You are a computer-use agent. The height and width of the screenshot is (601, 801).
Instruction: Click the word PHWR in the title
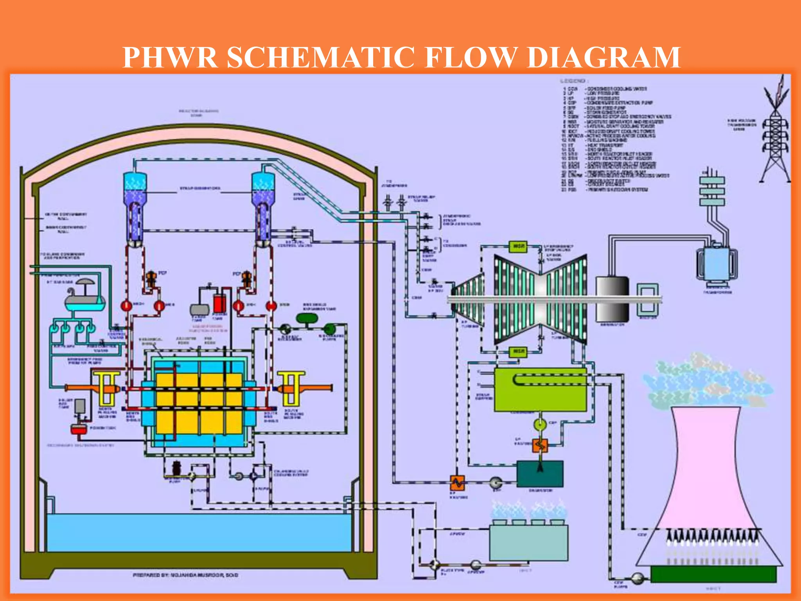tap(170, 58)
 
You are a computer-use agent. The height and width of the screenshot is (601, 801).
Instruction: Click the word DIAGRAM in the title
tap(604, 58)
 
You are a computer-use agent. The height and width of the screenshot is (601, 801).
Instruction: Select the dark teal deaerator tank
tap(540, 474)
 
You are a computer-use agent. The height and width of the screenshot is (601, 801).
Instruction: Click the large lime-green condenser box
tap(540, 390)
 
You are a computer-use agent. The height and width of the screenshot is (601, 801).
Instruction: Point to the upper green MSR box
tap(519, 247)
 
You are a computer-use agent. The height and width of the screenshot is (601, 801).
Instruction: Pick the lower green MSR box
tap(519, 351)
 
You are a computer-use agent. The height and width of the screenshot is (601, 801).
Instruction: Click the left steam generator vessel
tap(135, 207)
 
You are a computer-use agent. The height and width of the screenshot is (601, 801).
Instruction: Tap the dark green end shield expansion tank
tap(307, 318)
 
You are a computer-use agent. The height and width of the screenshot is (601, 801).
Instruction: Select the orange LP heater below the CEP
tap(540, 445)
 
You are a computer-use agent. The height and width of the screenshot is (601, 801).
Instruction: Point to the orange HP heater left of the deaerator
tap(457, 483)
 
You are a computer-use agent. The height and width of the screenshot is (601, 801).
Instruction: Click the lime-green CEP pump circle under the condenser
tap(540, 424)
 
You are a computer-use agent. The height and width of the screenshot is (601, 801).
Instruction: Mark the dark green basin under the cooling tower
tap(713, 574)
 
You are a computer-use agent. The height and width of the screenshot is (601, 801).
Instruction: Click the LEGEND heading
tap(573, 81)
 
